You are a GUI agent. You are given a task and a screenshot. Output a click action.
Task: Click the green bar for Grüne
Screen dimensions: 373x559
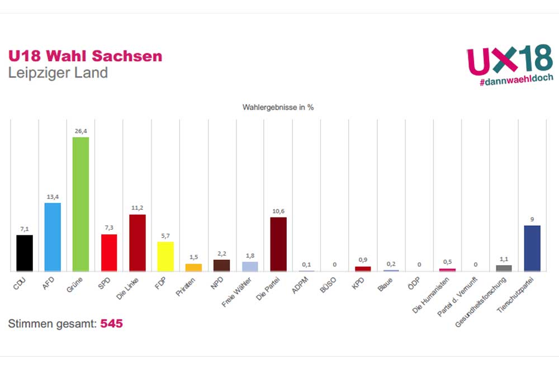pyautogui.click(x=80, y=204)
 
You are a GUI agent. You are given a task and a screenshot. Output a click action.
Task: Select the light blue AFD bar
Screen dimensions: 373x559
pyautogui.click(x=53, y=237)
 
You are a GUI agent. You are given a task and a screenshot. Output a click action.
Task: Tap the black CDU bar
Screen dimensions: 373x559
pyautogui.click(x=25, y=253)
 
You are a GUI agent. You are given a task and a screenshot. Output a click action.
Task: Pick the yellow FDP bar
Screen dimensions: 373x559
pyautogui.click(x=165, y=257)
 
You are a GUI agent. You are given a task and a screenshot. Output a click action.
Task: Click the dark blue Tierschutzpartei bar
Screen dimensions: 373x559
pyautogui.click(x=532, y=248)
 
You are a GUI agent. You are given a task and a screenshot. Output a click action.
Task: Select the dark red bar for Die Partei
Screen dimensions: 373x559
pyautogui.click(x=278, y=244)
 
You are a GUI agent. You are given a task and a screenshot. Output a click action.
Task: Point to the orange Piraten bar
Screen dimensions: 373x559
pyautogui.click(x=193, y=267)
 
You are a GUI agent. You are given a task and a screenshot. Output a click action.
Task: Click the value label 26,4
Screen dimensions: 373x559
pyautogui.click(x=80, y=131)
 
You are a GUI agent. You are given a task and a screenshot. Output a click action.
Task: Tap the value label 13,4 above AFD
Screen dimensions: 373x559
pyautogui.click(x=53, y=197)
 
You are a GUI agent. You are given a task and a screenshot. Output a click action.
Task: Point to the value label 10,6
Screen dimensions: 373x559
pyautogui.click(x=278, y=211)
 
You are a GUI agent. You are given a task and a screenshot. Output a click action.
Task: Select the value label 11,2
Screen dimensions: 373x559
pyautogui.click(x=138, y=209)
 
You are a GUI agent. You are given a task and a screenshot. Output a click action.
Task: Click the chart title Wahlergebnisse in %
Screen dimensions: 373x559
pyautogui.click(x=278, y=107)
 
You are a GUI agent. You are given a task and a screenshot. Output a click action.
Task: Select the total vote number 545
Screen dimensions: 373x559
pyautogui.click(x=111, y=324)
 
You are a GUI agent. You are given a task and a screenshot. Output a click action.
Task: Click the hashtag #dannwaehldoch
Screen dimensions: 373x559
pyautogui.click(x=516, y=79)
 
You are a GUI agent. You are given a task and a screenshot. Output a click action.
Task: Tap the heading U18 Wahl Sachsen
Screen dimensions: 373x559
pyautogui.click(x=85, y=56)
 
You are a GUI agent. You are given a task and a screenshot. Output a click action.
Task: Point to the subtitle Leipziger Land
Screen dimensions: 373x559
pyautogui.click(x=58, y=73)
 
